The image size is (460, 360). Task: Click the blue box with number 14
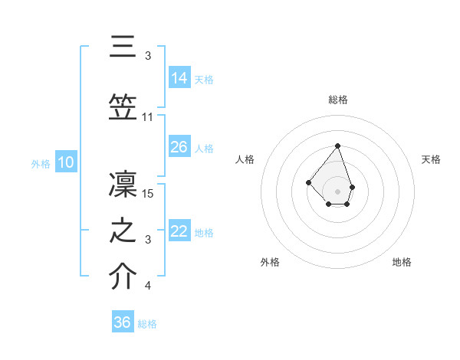pyautogui.click(x=179, y=77)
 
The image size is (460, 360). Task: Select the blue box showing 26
pyautogui.click(x=179, y=146)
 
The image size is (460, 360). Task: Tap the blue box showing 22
pyautogui.click(x=179, y=231)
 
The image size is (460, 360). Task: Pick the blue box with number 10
pyautogui.click(x=66, y=162)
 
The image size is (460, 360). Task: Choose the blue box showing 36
pyautogui.click(x=123, y=322)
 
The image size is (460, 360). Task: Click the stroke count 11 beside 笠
pyautogui.click(x=148, y=117)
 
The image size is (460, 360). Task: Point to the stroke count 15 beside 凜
pyautogui.click(x=149, y=194)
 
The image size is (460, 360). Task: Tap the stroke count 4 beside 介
pyautogui.click(x=148, y=286)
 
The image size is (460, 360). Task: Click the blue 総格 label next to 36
pyautogui.click(x=147, y=324)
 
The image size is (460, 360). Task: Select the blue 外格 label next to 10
pyautogui.click(x=41, y=163)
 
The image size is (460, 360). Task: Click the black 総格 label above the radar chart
pyautogui.click(x=337, y=100)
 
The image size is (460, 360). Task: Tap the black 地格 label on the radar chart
pyautogui.click(x=402, y=262)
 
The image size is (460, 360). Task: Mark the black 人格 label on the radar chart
pyautogui.click(x=245, y=159)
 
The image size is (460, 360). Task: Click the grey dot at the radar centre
pyautogui.click(x=337, y=191)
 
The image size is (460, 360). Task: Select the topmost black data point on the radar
pyautogui.click(x=337, y=146)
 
